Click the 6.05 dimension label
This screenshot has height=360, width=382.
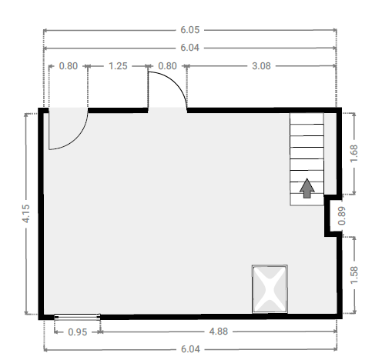[189, 30]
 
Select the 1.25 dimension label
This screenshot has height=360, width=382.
[118, 66]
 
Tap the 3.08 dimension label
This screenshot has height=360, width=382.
[261, 66]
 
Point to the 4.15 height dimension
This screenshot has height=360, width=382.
[26, 214]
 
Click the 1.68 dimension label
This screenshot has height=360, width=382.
[354, 153]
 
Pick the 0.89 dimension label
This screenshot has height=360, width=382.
[342, 216]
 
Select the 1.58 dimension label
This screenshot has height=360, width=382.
[354, 275]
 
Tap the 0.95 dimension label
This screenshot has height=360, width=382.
[78, 332]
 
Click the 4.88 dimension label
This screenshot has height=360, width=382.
[219, 332]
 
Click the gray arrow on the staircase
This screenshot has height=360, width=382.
[307, 188]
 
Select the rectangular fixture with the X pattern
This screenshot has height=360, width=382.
[270, 289]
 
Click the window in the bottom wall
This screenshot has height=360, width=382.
[77, 317]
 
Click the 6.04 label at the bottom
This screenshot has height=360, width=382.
[190, 349]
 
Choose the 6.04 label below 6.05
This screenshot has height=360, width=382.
[189, 48]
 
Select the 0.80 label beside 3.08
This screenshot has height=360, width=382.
[167, 66]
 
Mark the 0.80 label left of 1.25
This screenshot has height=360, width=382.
[69, 66]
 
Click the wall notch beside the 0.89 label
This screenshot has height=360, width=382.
[333, 215]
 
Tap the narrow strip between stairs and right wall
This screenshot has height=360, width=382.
[330, 154]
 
